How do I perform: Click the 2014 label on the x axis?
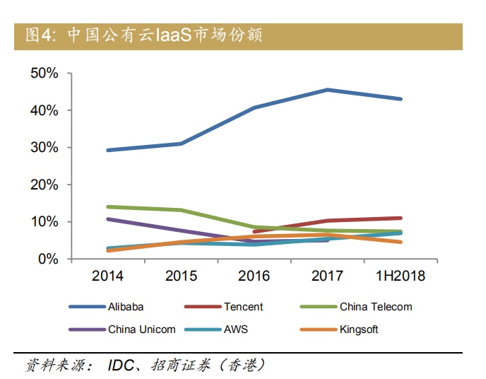click(107, 276)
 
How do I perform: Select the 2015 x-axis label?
click(181, 276)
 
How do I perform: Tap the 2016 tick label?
click(254, 276)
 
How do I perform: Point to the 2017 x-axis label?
click(327, 276)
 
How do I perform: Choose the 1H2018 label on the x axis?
click(401, 276)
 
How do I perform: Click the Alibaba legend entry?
click(126, 307)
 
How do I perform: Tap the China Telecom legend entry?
click(376, 307)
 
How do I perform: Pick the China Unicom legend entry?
click(142, 329)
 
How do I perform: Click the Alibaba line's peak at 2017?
click(328, 90)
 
